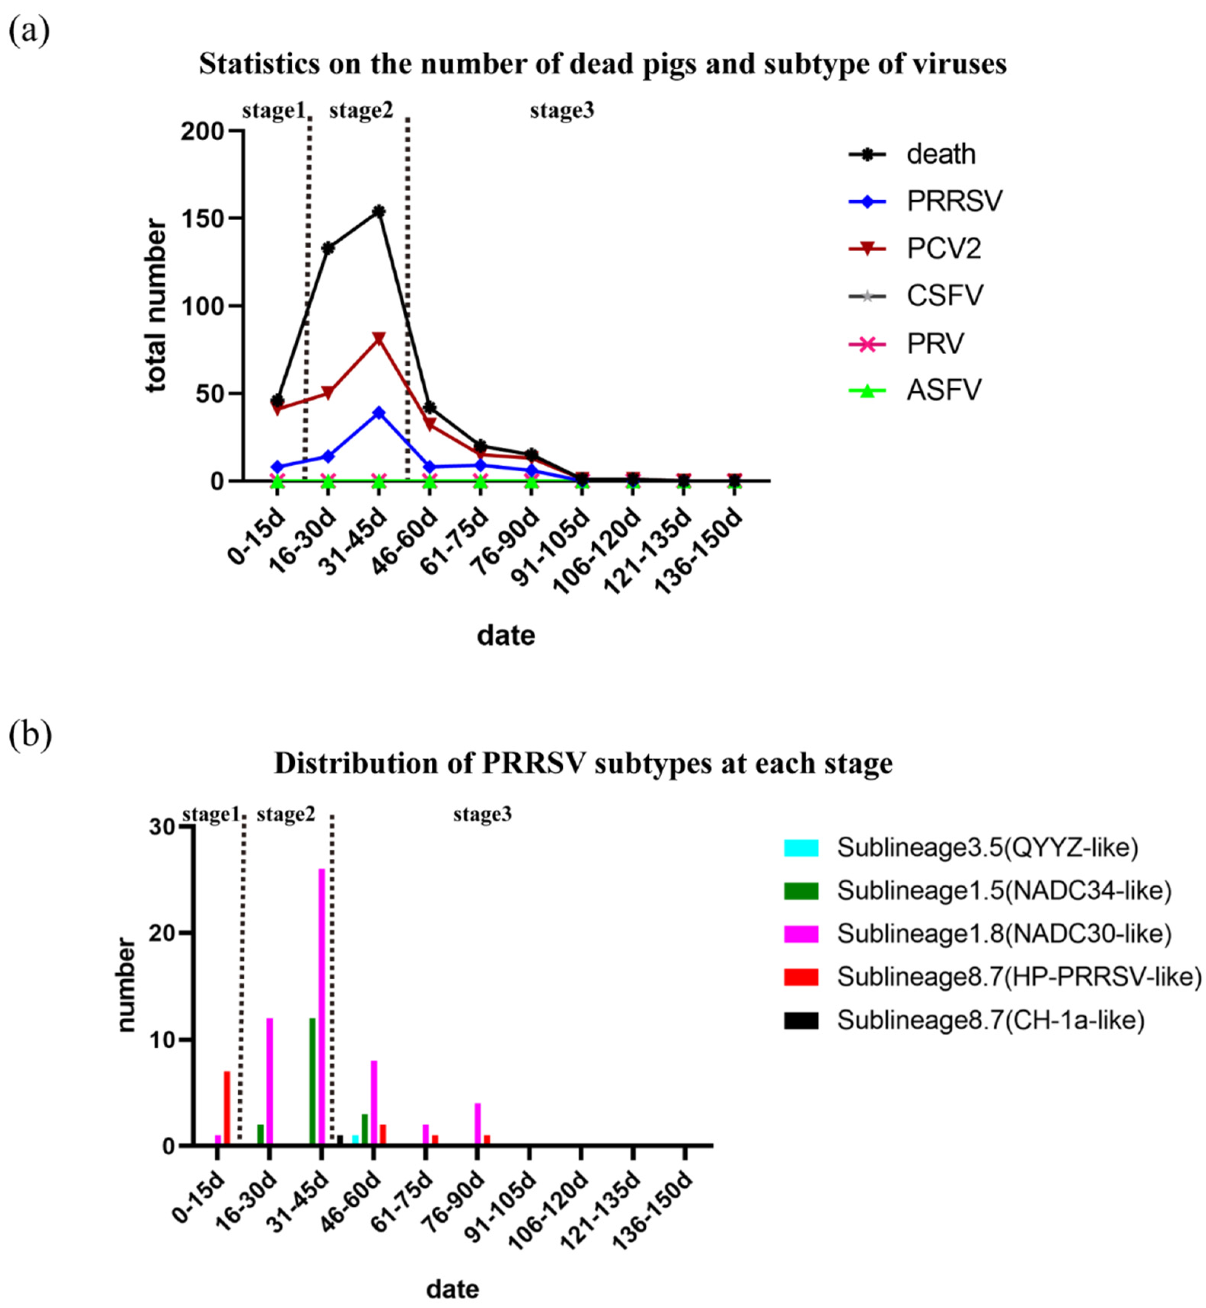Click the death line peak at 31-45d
point(378,211)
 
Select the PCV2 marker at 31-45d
point(378,339)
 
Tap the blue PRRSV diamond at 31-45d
point(378,412)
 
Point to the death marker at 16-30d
point(328,248)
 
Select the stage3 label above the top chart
point(562,112)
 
